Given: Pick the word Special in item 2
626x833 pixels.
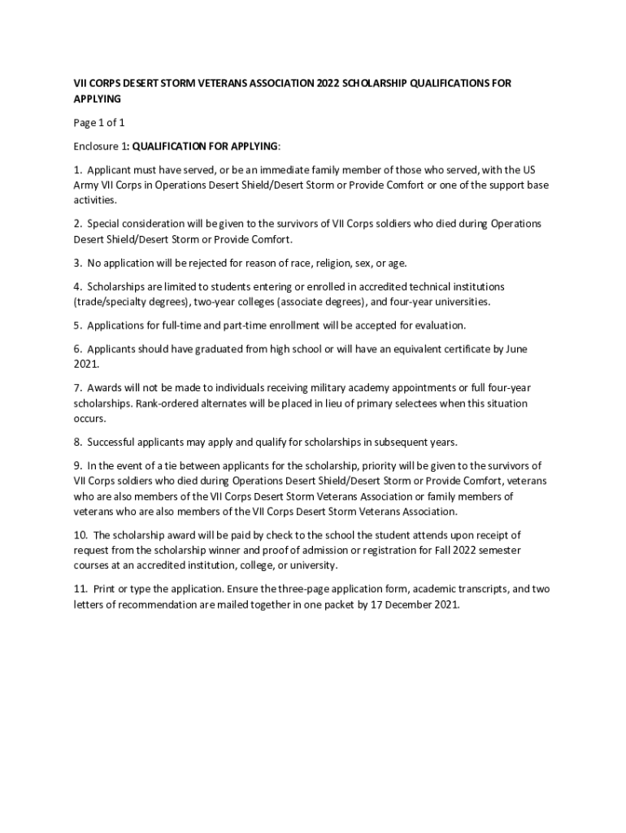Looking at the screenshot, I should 106,224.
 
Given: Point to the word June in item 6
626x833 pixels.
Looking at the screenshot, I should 516,349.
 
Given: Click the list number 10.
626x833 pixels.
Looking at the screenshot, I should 80,535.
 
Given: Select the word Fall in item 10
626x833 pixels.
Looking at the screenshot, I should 406,551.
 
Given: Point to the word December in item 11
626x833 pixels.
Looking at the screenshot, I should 408,605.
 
